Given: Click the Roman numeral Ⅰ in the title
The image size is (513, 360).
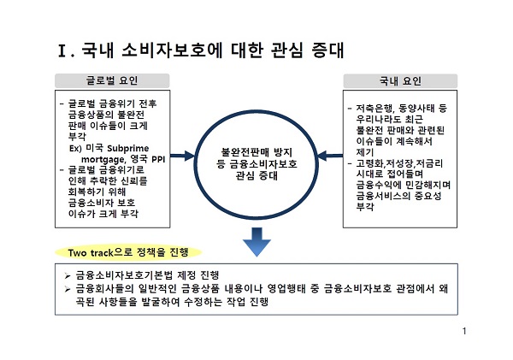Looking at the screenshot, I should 64,50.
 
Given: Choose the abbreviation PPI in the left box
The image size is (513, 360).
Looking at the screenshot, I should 161,158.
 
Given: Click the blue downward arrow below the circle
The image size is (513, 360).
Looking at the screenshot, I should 256,240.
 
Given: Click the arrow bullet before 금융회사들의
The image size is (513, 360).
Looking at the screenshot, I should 68,292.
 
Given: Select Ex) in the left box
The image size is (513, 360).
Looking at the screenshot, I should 78,147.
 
